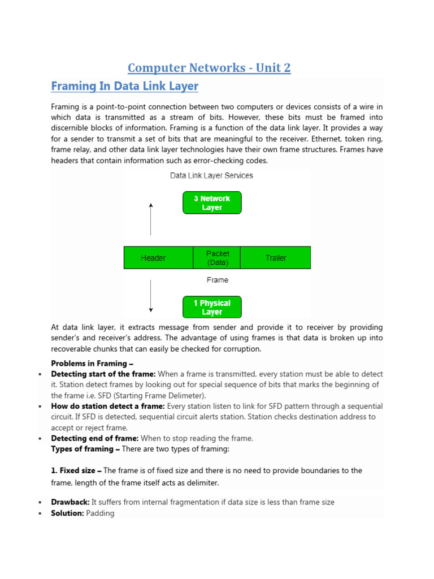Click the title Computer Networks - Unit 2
click(x=209, y=68)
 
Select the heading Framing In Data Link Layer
click(x=124, y=87)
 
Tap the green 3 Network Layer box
click(x=212, y=203)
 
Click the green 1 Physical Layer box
click(x=212, y=308)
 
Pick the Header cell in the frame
click(x=153, y=258)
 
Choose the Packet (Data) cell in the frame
click(x=217, y=258)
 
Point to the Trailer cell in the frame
click(x=276, y=258)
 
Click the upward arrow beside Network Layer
click(x=151, y=219)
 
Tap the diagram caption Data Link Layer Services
click(x=211, y=176)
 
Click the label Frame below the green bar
click(x=217, y=280)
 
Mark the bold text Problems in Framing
click(x=92, y=364)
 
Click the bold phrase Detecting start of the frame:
click(x=103, y=374)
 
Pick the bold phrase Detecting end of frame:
click(x=94, y=438)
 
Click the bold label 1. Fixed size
click(x=76, y=470)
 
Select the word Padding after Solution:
click(x=100, y=513)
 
